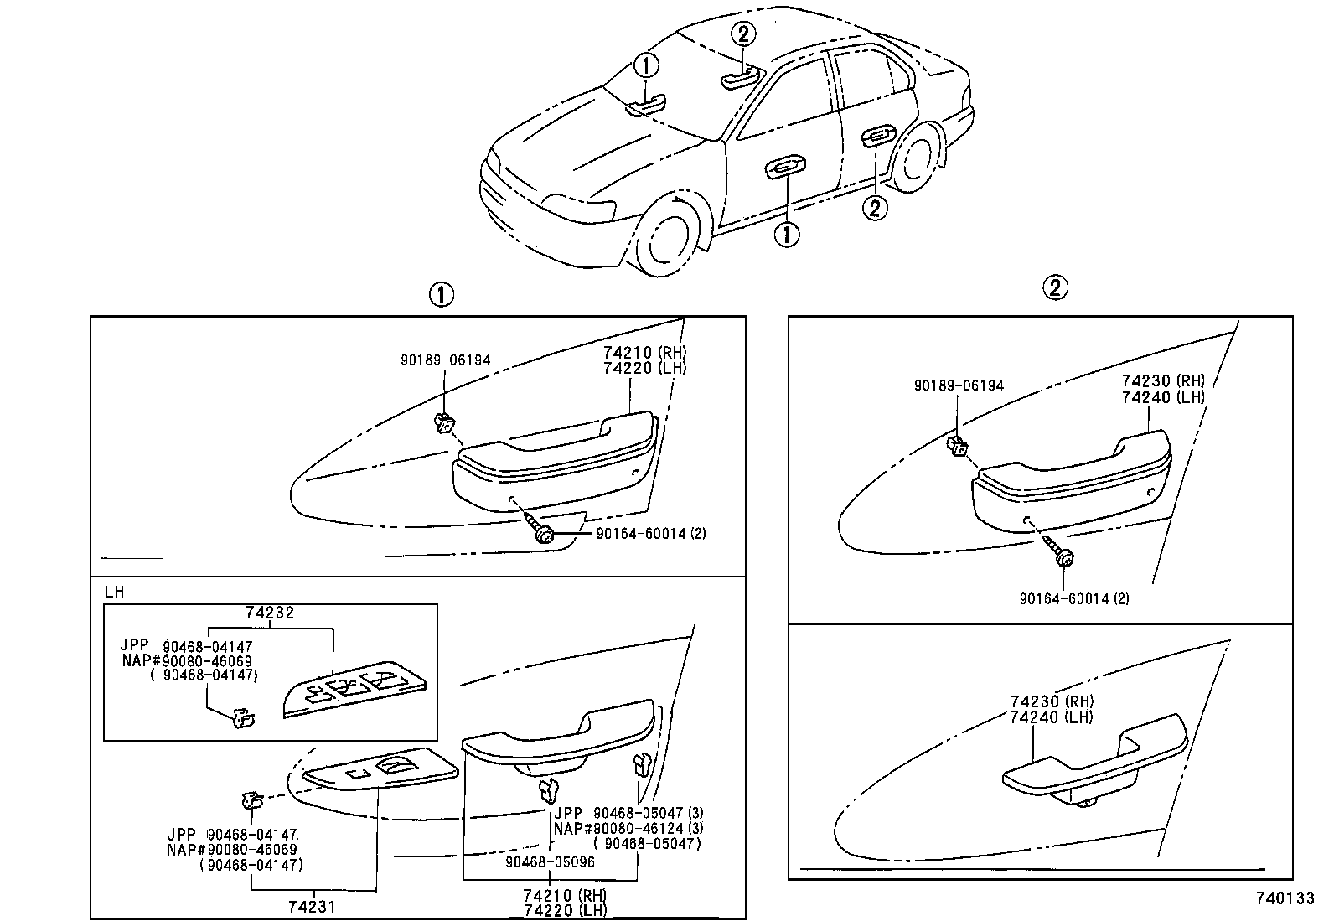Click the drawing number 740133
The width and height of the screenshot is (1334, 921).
[1284, 898]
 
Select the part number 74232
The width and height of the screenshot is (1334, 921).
[270, 613]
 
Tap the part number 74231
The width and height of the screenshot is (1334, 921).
[313, 906]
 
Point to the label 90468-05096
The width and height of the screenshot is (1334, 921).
[550, 861]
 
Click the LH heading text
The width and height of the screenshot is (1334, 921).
[115, 592]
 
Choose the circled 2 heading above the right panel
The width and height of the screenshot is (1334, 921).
[1055, 288]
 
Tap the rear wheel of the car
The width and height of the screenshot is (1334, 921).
[914, 160]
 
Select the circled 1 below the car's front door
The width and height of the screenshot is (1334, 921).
[786, 234]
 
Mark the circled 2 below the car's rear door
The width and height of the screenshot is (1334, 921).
[875, 207]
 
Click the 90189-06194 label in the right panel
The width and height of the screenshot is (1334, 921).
[958, 385]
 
